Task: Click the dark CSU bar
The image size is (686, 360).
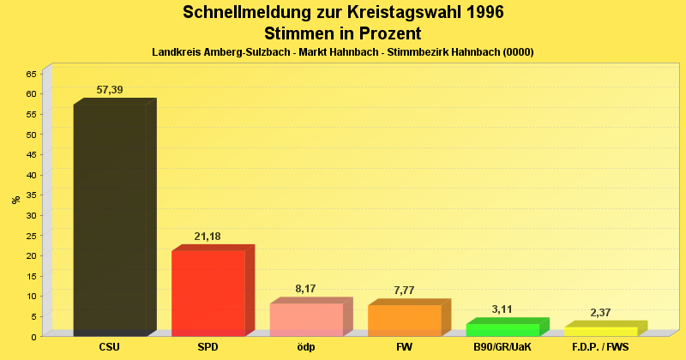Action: pos(110,219)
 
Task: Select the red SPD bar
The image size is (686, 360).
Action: pos(208,292)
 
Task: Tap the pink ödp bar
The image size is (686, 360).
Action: pos(306,319)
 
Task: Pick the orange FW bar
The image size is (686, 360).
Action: pos(404,320)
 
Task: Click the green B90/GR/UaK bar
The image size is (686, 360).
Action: pos(502,330)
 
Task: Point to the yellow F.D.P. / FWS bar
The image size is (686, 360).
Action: pos(600,331)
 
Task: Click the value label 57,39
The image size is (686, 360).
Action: pos(110,90)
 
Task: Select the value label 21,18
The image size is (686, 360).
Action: pos(208,237)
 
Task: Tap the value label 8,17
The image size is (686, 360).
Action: pos(306,289)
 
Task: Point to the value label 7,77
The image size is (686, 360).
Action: pos(404,291)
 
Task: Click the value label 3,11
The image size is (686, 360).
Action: pos(502,309)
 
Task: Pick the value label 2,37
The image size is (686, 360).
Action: pos(600,313)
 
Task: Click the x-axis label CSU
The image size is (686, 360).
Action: pos(110,347)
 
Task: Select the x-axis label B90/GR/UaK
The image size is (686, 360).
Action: pos(502,347)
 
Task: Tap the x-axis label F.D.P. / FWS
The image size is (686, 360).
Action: pos(600,347)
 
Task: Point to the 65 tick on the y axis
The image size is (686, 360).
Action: pos(31,74)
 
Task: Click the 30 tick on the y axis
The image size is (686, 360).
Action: pos(31,215)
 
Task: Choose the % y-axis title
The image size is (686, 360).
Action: pos(15,200)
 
